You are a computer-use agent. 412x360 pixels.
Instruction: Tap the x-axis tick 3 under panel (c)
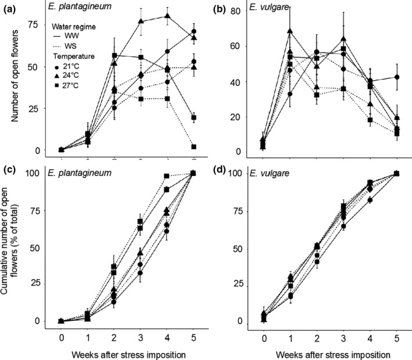[141, 336]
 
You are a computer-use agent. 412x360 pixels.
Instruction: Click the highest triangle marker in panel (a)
[168, 16]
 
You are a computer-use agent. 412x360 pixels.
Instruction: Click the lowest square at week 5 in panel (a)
[194, 147]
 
